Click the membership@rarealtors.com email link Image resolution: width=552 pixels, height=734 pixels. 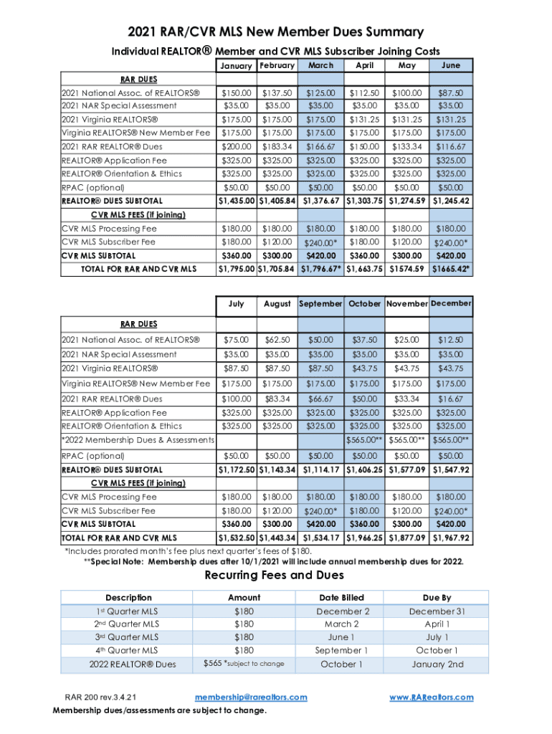pyautogui.click(x=251, y=697)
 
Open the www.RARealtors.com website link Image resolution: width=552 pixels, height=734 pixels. pyautogui.click(x=431, y=697)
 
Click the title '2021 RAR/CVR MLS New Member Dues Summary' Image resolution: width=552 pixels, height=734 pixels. pyautogui.click(x=276, y=32)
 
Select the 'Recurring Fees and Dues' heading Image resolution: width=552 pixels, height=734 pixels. pyautogui.click(x=275, y=575)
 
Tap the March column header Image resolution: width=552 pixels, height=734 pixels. pyautogui.click(x=320, y=65)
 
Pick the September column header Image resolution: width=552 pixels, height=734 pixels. pyautogui.click(x=320, y=304)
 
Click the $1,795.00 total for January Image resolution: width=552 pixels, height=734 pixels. pyautogui.click(x=237, y=269)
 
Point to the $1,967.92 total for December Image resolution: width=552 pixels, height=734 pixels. pyautogui.click(x=451, y=538)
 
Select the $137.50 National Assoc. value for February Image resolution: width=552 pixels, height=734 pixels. pyautogui.click(x=277, y=93)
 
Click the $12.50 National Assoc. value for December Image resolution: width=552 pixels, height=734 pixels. pyautogui.click(x=451, y=339)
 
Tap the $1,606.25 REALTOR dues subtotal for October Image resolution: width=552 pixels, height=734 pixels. pyautogui.click(x=365, y=470)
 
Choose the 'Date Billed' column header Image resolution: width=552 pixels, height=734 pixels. pyautogui.click(x=342, y=597)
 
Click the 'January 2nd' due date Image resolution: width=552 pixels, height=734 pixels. pyautogui.click(x=438, y=664)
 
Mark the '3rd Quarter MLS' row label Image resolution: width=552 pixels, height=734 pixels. pyautogui.click(x=128, y=637)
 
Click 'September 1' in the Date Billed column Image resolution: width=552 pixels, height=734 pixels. pyautogui.click(x=342, y=650)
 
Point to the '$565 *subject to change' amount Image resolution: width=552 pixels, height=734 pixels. pyautogui.click(x=244, y=664)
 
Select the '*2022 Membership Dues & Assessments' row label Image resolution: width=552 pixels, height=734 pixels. pyautogui.click(x=138, y=439)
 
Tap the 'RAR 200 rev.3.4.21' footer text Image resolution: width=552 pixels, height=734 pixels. pyautogui.click(x=103, y=697)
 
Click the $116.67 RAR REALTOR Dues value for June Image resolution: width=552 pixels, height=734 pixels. pyautogui.click(x=451, y=146)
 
